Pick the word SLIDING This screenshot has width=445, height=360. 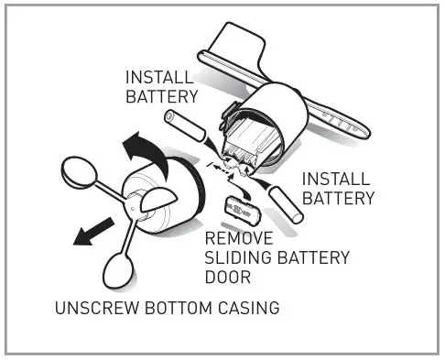(235, 257)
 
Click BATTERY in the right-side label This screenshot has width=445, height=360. (338, 198)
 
